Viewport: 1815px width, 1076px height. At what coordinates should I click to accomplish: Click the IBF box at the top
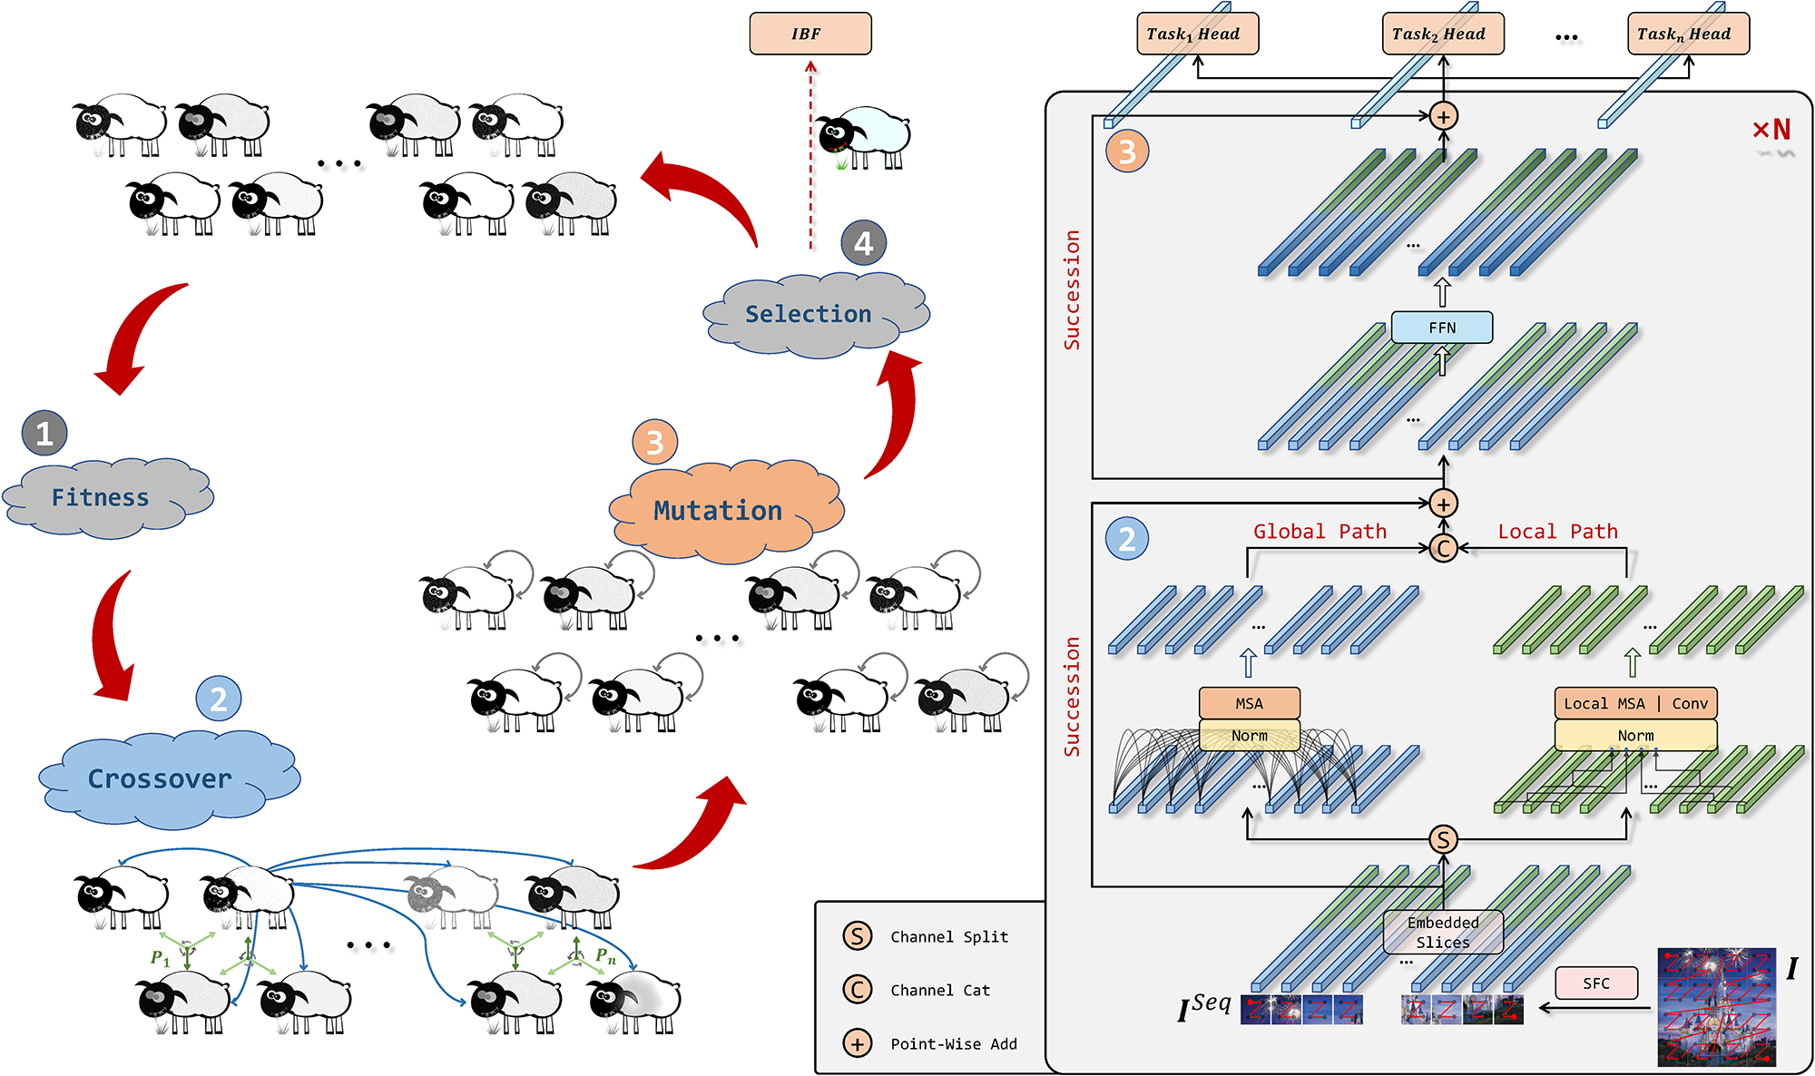click(810, 34)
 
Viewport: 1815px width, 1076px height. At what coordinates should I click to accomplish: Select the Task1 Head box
click(1197, 34)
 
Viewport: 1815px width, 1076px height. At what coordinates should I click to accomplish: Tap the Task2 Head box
click(1443, 34)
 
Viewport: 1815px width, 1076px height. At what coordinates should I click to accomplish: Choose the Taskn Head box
click(1688, 34)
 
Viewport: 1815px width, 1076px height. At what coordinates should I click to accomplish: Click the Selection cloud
click(816, 314)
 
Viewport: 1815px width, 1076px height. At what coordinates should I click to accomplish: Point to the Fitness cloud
click(108, 497)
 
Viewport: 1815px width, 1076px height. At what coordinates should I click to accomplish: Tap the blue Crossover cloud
click(169, 779)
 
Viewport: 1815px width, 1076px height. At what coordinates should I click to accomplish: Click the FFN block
click(1442, 328)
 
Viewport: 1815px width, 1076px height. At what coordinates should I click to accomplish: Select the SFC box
click(1596, 983)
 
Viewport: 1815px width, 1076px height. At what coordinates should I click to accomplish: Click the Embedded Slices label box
click(1443, 932)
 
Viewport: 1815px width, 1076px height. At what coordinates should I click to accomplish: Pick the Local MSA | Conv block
click(1635, 703)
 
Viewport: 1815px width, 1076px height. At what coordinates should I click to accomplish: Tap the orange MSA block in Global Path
click(1249, 703)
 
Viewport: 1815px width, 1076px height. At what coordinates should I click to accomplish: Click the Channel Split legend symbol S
click(857, 936)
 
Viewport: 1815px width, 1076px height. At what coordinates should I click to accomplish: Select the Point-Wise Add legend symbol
click(857, 1043)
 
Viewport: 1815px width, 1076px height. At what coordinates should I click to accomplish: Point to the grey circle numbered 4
click(863, 243)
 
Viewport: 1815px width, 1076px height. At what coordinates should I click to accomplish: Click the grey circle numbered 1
click(44, 433)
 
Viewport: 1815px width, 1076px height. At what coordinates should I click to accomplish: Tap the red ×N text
click(1771, 130)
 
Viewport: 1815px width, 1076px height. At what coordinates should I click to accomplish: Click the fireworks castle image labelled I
click(1716, 1006)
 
